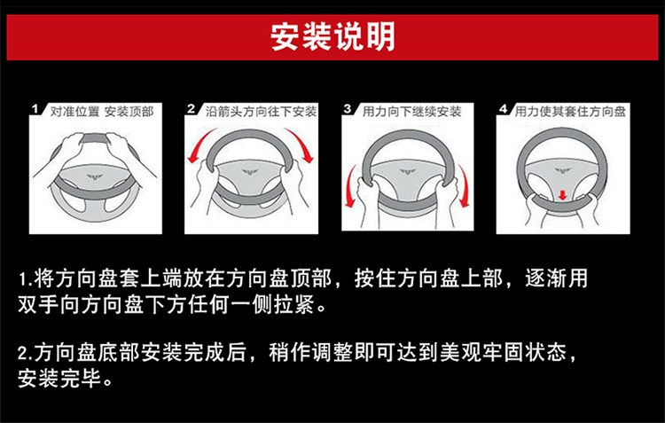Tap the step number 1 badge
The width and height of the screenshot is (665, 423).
tap(35, 109)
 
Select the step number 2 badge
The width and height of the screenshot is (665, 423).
tap(191, 109)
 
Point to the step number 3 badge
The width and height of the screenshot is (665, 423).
tap(348, 109)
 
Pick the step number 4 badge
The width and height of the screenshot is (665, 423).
tap(504, 109)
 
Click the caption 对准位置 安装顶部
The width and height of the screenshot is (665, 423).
tap(101, 112)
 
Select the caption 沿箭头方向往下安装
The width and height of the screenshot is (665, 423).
tap(261, 112)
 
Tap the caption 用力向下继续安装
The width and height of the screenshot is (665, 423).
tap(412, 112)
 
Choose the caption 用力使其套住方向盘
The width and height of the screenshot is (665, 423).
tap(570, 112)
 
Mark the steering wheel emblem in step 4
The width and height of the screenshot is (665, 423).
tap(563, 168)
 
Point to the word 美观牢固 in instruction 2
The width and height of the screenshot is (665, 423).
tap(456, 355)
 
